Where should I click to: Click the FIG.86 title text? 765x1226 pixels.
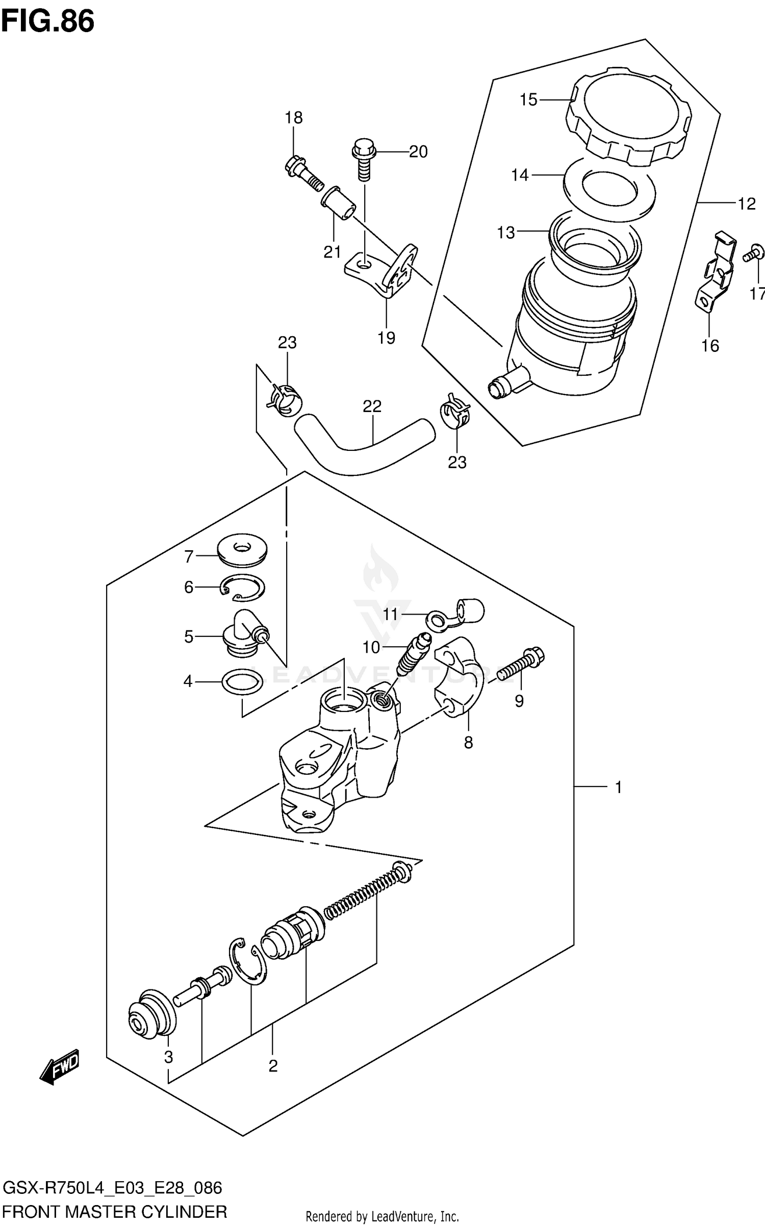47,22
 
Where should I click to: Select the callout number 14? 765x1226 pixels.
520,175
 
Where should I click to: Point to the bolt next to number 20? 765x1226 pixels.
364,161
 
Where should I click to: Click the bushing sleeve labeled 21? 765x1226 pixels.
337,203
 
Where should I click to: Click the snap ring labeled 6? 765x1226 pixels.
244,589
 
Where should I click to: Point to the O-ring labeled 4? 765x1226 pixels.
242,682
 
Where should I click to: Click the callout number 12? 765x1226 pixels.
746,205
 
